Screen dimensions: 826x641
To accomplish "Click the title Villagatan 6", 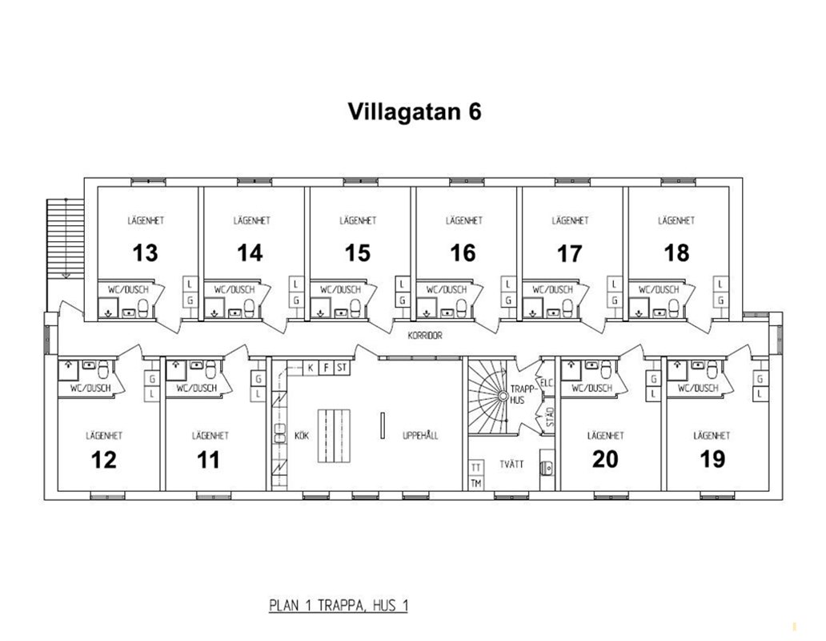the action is [415, 111].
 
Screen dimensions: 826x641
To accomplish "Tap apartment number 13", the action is [145, 253].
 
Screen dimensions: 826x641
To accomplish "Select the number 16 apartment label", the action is [463, 253].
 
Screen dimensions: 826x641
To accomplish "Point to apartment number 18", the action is [676, 253].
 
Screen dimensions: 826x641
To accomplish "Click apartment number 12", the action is [104, 460].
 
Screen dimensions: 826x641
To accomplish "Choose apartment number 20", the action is [605, 459].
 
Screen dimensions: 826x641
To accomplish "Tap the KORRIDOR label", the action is [425, 335].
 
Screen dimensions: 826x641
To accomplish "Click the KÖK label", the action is [302, 436].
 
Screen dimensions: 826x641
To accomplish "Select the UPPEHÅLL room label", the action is [420, 436].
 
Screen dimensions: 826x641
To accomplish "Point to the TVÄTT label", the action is [511, 465].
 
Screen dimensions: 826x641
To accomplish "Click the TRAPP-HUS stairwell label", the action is [522, 395].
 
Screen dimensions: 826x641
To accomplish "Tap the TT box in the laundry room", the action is [476, 468].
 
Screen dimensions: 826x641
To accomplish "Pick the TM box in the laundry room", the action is [476, 483].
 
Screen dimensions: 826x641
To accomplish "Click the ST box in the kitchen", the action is [342, 368].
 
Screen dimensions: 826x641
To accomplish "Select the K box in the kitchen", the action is [311, 368].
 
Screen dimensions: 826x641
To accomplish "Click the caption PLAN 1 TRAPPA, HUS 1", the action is [339, 606].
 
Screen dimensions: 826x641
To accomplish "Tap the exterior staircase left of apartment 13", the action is [66, 238].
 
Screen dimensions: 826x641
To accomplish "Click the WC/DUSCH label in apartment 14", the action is [235, 289].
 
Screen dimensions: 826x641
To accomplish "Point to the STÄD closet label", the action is [550, 417].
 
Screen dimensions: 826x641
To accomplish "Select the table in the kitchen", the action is [334, 435].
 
